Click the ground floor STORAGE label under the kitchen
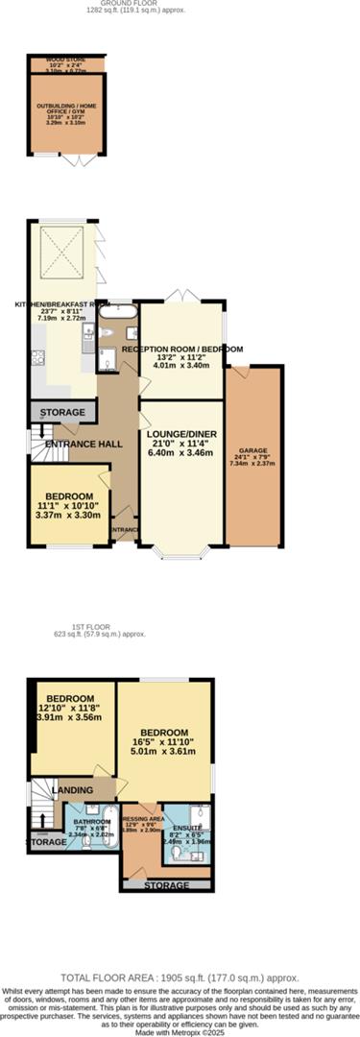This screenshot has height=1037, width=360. point(62,413)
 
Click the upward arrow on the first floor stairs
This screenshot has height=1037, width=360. point(40,819)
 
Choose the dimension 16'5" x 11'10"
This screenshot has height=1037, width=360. point(164,741)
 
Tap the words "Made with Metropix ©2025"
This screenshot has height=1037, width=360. point(180,1029)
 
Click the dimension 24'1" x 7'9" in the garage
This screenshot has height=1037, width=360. point(253,457)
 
